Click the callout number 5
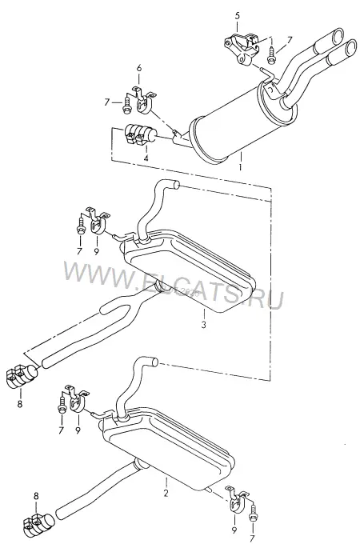tap(238, 16)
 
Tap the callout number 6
tap(139, 68)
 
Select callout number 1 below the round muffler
tap(240, 167)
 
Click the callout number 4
tap(146, 158)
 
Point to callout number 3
tap(203, 325)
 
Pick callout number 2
tap(166, 493)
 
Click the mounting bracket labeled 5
tap(242, 49)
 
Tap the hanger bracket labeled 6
tap(143, 100)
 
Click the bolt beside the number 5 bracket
tap(271, 55)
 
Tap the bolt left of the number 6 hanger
tap(126, 105)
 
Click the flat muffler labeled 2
tap(168, 447)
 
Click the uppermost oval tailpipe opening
tap(338, 35)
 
